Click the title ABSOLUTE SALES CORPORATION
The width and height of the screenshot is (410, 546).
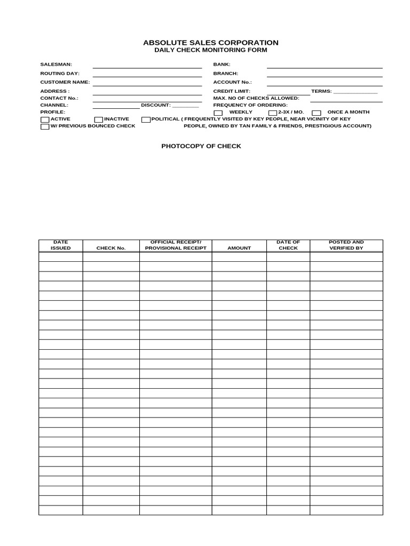pyautogui.click(x=210, y=43)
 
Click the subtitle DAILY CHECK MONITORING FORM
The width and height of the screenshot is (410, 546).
pyautogui.click(x=210, y=50)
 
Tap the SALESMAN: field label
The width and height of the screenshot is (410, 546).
pyautogui.click(x=56, y=65)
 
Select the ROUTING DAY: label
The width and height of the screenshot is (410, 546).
pyautogui.click(x=60, y=74)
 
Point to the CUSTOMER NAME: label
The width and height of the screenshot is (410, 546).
pyautogui.click(x=65, y=82)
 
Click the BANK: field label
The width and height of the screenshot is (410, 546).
pyautogui.click(x=222, y=65)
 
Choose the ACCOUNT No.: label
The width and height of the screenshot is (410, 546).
pyautogui.click(x=232, y=82)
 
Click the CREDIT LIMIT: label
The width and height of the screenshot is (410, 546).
pyautogui.click(x=232, y=91)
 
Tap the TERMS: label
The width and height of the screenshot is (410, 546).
pyautogui.click(x=321, y=91)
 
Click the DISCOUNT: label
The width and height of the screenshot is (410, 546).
pyautogui.click(x=156, y=105)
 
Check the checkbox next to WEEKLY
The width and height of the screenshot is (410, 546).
pyautogui.click(x=218, y=113)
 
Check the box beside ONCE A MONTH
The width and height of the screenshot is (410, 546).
pyautogui.click(x=316, y=113)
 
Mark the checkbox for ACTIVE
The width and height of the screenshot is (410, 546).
pyautogui.click(x=45, y=120)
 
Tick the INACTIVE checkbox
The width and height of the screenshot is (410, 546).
pyautogui.click(x=98, y=120)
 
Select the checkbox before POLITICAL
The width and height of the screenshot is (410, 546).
pyautogui.click(x=146, y=120)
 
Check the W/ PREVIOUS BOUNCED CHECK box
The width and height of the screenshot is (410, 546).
pyautogui.click(x=45, y=127)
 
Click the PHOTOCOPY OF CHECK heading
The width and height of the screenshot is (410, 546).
pyautogui.click(x=201, y=146)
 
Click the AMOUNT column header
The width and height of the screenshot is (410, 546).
pyautogui.click(x=239, y=248)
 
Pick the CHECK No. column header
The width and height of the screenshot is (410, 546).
pyautogui.click(x=111, y=248)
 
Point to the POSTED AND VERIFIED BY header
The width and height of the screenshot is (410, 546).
pyautogui.click(x=346, y=245)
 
